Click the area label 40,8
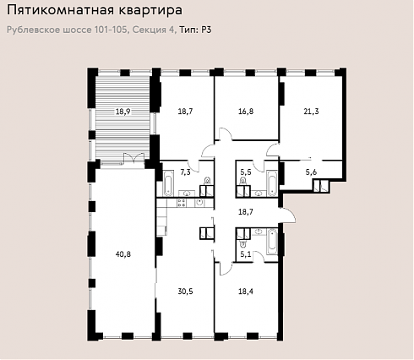(123, 254)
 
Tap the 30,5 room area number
(185, 292)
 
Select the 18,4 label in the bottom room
(246, 292)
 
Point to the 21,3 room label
(311, 112)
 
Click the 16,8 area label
(246, 112)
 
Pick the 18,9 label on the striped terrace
(123, 112)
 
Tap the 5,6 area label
(311, 172)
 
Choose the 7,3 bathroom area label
(185, 172)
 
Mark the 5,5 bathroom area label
(246, 172)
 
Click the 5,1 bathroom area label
(246, 254)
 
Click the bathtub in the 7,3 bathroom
(168, 183)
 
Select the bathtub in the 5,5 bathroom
(272, 183)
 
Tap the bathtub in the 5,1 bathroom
(272, 242)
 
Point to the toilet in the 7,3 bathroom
(208, 181)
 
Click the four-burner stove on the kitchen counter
(182, 203)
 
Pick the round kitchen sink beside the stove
(199, 203)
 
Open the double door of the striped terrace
(134, 158)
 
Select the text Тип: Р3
(195, 30)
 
